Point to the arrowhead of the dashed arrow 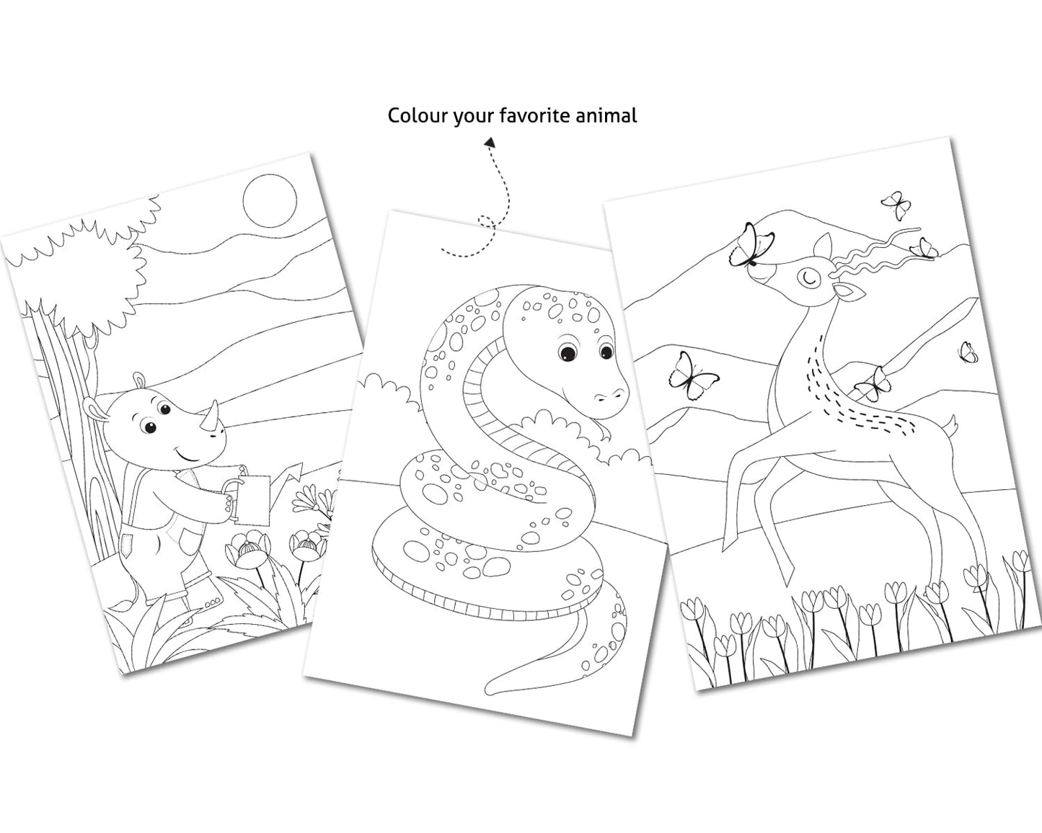click(490, 142)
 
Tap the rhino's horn click(211, 415)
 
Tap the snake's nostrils click(611, 394)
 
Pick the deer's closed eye click(808, 277)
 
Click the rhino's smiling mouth click(187, 456)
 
